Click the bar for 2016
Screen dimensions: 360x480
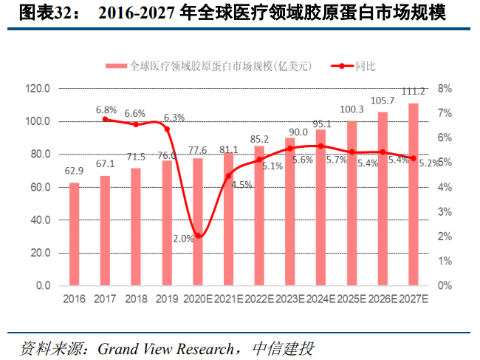click(x=74, y=234)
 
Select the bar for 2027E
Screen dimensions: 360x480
click(x=413, y=194)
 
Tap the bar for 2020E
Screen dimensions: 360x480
click(x=197, y=222)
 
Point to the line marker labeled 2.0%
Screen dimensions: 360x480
click(x=197, y=236)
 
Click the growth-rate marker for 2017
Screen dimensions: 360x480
click(x=105, y=119)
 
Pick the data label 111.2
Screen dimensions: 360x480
click(x=413, y=92)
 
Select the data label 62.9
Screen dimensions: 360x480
click(x=74, y=171)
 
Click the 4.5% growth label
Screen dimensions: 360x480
click(x=241, y=185)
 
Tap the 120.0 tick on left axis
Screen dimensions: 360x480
click(x=38, y=89)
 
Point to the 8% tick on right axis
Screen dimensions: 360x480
click(x=445, y=89)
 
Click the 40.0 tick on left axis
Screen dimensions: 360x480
click(x=38, y=220)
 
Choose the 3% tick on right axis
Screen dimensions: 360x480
click(x=445, y=211)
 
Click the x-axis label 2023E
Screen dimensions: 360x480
click(x=289, y=299)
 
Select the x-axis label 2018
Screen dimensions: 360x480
click(x=135, y=299)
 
